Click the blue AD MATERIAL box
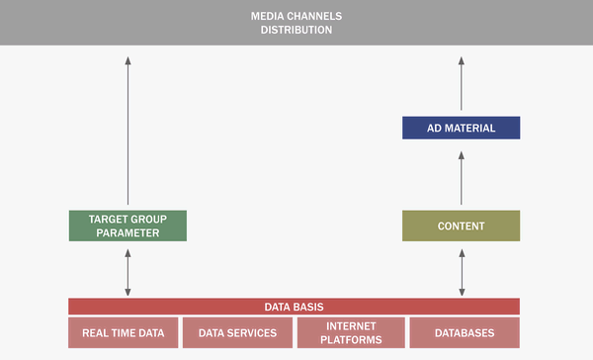pos(462,128)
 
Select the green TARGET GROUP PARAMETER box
pos(127,225)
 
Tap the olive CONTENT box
pos(462,225)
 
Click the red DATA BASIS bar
pos(294,307)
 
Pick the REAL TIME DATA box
pos(123,332)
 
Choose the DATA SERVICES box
pos(237,332)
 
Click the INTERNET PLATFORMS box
pos(351,332)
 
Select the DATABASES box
pos(465,332)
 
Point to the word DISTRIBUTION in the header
pos(296,30)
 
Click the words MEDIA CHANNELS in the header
pos(296,15)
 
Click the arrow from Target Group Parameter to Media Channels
pos(127,129)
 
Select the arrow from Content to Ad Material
pos(462,174)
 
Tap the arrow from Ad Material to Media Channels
pos(462,83)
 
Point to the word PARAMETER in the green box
pos(127,233)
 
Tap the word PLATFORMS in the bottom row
pos(351,340)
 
